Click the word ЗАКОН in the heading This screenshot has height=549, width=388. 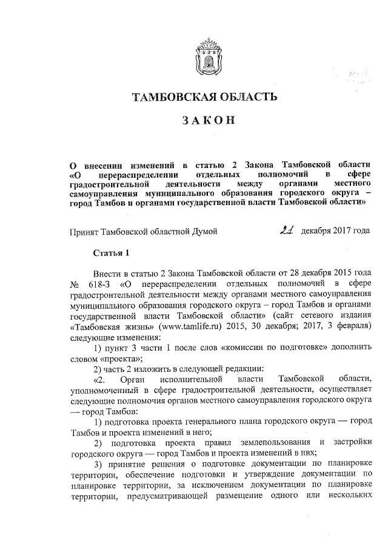(x=205, y=121)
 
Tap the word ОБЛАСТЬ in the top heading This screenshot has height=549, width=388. (x=246, y=96)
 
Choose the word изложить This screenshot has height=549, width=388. (x=149, y=369)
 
